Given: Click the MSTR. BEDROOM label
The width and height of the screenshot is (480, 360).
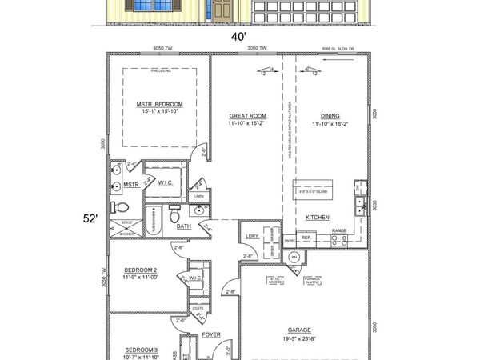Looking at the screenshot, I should coord(159,104).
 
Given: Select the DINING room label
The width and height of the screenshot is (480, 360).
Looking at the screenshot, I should coord(330,116).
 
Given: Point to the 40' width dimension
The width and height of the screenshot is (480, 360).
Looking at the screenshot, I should coord(238,37).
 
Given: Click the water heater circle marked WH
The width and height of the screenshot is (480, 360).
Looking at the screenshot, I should coord(293,258).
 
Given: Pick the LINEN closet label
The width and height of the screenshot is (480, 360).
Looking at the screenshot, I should coord(199,196).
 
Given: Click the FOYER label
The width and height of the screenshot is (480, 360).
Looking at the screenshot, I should coord(211,335).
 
